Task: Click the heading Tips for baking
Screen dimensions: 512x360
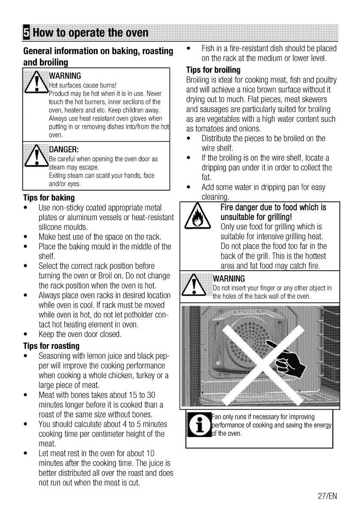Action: tap(49, 198)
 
